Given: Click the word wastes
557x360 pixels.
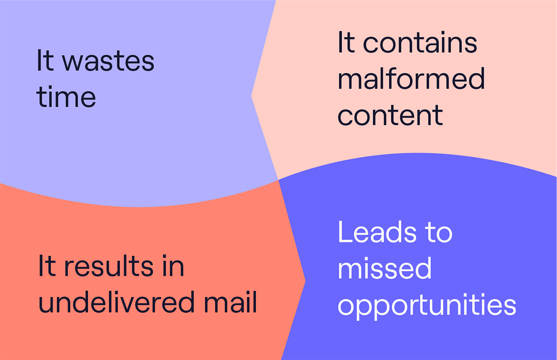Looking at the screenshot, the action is [x=108, y=61].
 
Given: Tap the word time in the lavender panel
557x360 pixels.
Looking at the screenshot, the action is [x=66, y=96].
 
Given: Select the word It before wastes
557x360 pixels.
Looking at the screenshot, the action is [x=45, y=60].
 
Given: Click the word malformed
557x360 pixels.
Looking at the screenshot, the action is [x=411, y=78].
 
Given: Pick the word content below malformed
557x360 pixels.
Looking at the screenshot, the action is [x=390, y=115].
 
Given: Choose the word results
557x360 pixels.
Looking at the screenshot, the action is [x=109, y=266].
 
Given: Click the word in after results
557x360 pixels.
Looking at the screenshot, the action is [x=173, y=265].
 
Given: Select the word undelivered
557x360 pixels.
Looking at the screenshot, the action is [x=117, y=302].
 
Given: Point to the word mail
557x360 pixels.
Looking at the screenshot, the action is [x=230, y=302].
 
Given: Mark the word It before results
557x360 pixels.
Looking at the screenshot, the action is [x=47, y=265].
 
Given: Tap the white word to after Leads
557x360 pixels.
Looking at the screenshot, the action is [x=438, y=232].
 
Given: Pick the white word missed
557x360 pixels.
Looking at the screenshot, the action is [x=385, y=268].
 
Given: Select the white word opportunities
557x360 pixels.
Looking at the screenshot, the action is [x=427, y=306].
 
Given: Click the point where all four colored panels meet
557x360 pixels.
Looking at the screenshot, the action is [x=278, y=180].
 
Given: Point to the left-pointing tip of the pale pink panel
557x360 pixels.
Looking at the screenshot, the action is [x=252, y=96].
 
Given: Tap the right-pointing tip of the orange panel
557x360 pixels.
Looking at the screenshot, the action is [x=305, y=281].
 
